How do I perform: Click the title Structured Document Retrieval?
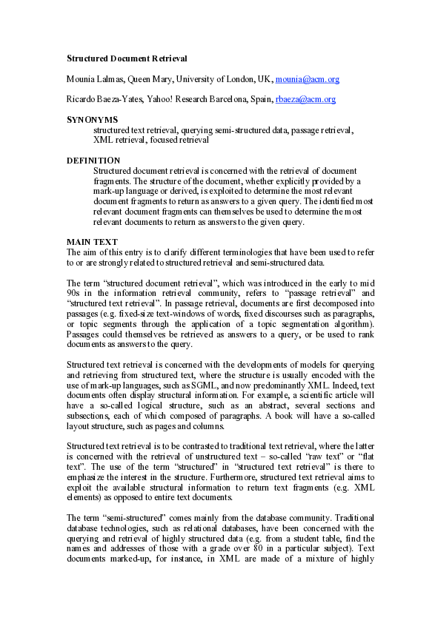pos(127,58)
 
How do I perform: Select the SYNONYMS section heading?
pos(93,119)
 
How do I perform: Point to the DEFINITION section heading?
pos(93,160)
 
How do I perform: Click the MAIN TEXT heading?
pos(92,242)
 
